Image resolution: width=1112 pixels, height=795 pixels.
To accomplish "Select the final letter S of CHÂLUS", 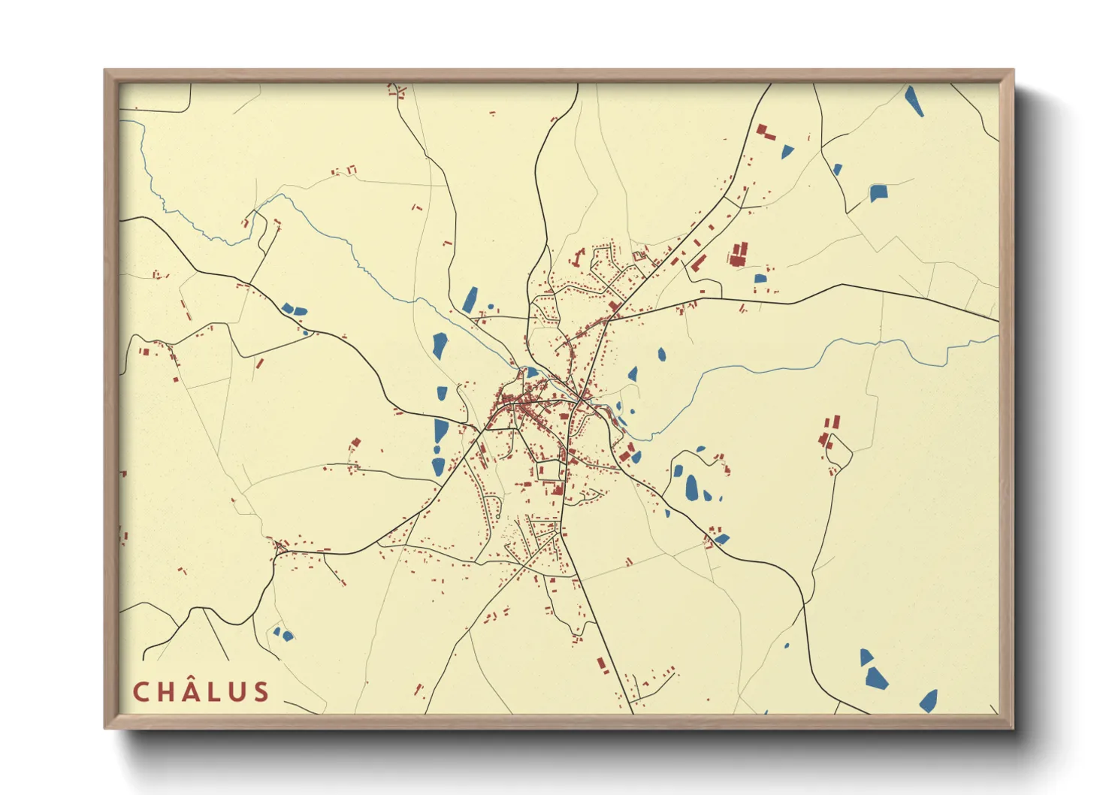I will coord(261,692).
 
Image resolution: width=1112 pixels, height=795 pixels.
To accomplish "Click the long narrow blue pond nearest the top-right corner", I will coord(914,101).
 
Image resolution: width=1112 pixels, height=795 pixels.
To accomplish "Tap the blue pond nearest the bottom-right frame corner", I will coord(929,701).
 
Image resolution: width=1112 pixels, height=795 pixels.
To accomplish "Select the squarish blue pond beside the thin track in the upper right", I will coord(878,192).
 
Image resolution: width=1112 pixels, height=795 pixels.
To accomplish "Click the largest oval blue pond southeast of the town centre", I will coord(691,488).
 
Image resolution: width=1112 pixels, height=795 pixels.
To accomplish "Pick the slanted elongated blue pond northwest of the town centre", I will coord(470,299).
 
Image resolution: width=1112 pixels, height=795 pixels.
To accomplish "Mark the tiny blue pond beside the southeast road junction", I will coord(667,513).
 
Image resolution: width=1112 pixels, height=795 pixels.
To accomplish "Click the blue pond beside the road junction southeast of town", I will coord(721,539).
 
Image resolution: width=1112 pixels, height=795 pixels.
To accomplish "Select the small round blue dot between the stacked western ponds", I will coord(437,449).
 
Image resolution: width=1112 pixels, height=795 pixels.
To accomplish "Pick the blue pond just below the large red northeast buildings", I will coord(760,279).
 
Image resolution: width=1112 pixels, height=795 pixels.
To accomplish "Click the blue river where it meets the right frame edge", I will coord(996,338).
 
